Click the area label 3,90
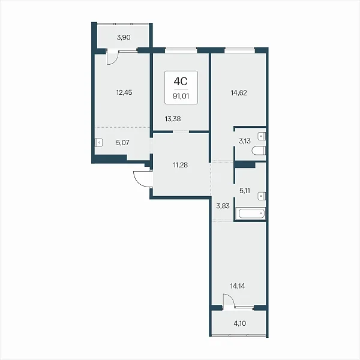tap(124, 37)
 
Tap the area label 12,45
tap(124, 92)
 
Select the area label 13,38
tap(173, 119)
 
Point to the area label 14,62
tap(239, 93)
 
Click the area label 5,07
tap(122, 143)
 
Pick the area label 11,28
tap(180, 165)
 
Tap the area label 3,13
tap(245, 141)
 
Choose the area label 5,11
tap(245, 191)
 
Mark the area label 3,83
tap(223, 206)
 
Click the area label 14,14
tap(238, 286)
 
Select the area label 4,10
tap(239, 323)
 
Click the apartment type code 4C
tap(181, 81)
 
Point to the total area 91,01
tap(181, 96)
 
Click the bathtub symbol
tap(251, 214)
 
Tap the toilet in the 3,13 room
tap(259, 151)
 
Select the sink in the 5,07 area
tap(99, 143)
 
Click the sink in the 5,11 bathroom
tap(262, 196)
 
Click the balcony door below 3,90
tap(113, 57)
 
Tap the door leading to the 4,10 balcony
tap(229, 301)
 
